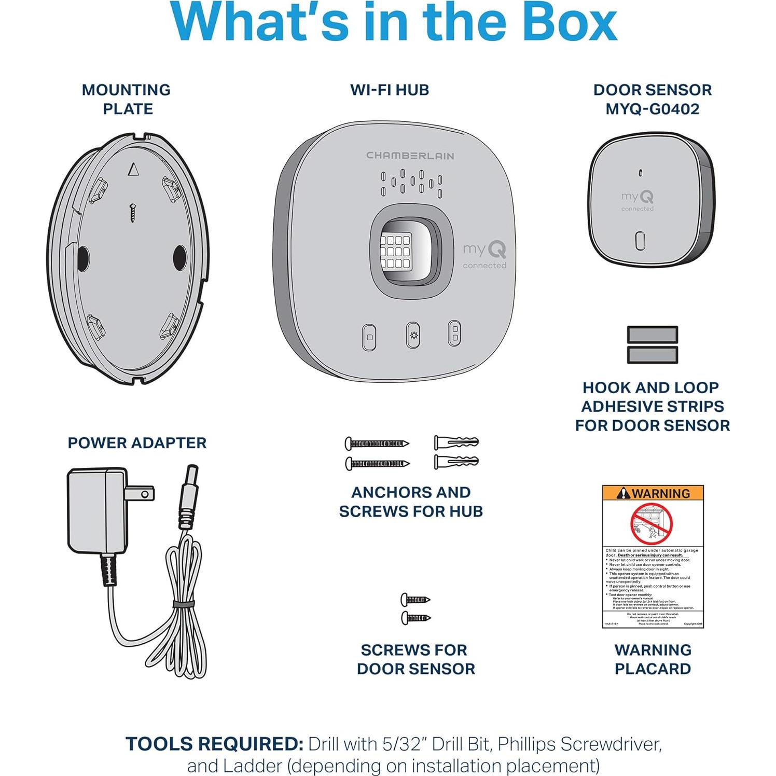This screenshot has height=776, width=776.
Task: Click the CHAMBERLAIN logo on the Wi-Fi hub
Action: pos(410,156)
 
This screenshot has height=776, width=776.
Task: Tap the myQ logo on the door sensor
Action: pos(638,198)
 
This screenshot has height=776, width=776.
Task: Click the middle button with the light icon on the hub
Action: pos(413,336)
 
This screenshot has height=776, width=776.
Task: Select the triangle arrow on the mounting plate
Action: pos(133,170)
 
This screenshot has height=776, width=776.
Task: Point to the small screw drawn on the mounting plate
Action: pos(133,213)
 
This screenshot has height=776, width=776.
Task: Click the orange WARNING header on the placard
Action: pos(653,493)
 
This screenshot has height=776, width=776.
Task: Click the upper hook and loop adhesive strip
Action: pos(652,335)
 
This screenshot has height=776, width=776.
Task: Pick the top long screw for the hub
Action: pos(377,444)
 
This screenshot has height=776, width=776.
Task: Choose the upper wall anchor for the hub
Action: pos(456,443)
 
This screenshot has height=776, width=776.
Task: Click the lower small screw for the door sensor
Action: pos(415,617)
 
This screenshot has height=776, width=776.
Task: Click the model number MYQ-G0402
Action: pos(652,109)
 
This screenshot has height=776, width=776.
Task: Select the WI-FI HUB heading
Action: pos(390,90)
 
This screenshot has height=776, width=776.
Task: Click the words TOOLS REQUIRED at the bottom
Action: pos(214,744)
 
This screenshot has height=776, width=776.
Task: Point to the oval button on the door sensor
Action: pos(640,241)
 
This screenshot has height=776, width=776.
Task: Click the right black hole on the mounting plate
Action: pos(179,257)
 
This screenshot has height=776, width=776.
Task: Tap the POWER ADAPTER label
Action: pos(137,443)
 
